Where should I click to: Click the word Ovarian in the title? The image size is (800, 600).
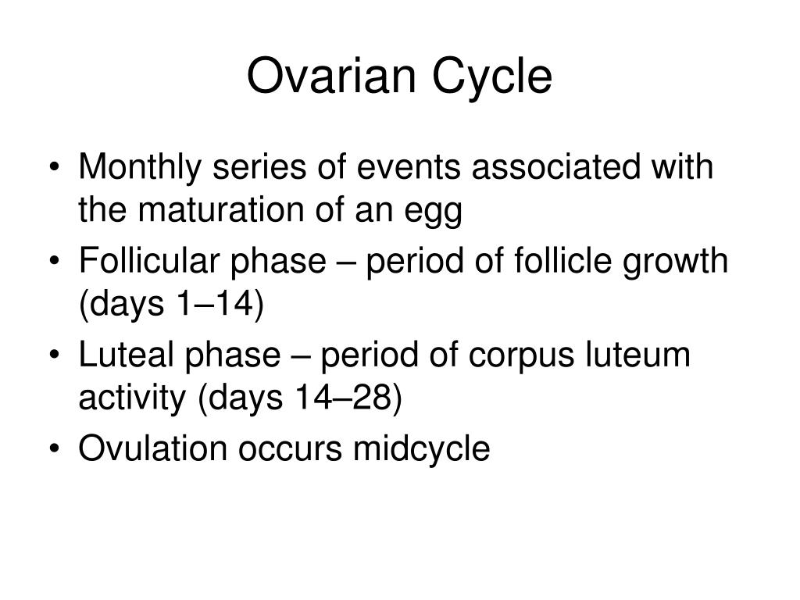(x=331, y=76)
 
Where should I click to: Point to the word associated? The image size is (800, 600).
(x=555, y=167)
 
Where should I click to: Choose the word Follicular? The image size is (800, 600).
(x=149, y=260)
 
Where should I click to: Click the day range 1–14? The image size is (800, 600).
(x=214, y=304)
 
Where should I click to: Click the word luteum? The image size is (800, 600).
(x=637, y=355)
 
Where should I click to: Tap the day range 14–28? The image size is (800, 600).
(x=342, y=398)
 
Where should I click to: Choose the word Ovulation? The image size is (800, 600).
(x=152, y=448)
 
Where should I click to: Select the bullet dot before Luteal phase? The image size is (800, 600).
(x=55, y=355)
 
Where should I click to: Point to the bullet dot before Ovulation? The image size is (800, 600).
(x=55, y=449)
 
